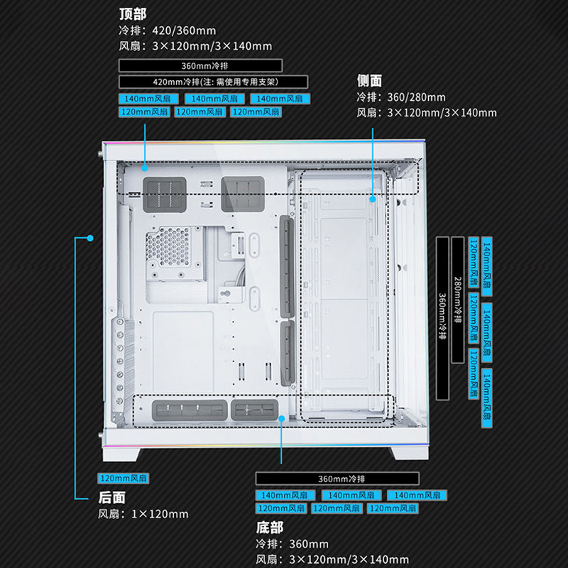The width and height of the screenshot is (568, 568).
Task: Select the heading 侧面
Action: [x=369, y=81]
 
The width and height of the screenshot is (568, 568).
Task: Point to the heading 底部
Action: [x=270, y=528]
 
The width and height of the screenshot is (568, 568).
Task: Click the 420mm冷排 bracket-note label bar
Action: [x=213, y=82]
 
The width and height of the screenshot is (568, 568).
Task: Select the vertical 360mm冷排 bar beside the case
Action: [x=442, y=317]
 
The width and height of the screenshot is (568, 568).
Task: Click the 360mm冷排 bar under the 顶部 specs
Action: [x=200, y=65]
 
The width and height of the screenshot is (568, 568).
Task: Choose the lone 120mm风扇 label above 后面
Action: [x=123, y=479]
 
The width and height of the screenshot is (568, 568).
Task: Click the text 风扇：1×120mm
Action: [x=143, y=514]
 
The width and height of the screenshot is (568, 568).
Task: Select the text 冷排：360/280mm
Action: [x=401, y=97]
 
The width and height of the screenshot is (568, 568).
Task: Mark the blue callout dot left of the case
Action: [x=90, y=238]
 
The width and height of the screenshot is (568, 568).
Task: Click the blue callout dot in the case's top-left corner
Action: [x=144, y=169]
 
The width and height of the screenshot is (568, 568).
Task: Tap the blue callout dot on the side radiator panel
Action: [x=373, y=200]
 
